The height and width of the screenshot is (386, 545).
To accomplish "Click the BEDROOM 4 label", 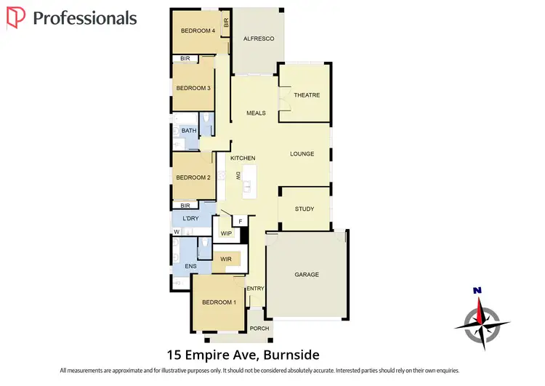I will [198, 31].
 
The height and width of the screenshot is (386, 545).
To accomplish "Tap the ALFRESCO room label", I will [259, 39].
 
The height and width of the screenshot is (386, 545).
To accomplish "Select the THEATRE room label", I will [307, 95].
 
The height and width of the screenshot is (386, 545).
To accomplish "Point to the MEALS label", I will [256, 113].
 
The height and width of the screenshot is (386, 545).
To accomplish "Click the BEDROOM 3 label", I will [193, 88].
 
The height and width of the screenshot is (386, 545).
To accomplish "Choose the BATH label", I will [189, 131].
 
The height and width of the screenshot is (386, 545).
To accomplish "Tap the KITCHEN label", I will [243, 158].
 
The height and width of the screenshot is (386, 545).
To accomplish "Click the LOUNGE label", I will [302, 154].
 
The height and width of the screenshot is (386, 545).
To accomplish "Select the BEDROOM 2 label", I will [193, 177].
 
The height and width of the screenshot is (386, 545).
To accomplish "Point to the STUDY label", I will [304, 209].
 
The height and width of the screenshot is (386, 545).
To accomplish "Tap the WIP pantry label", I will [226, 234].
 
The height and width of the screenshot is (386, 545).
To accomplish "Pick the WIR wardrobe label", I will [225, 259].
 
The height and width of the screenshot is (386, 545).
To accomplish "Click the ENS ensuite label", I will [191, 267].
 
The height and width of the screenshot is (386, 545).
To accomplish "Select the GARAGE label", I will [307, 275].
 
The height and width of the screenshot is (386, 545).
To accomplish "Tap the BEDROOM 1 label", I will [219, 302].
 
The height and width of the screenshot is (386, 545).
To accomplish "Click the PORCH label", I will [259, 329].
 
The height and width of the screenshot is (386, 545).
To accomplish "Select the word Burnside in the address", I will [289, 355].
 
